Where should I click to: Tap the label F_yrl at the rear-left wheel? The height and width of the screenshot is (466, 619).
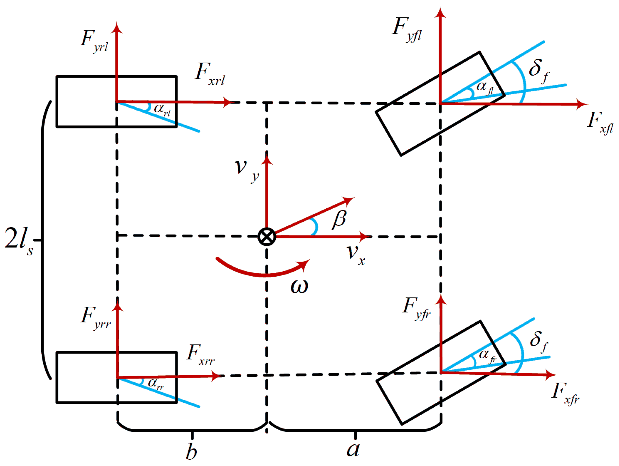pos(94,41)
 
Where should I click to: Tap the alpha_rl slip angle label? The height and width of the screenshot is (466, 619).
pos(162,110)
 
